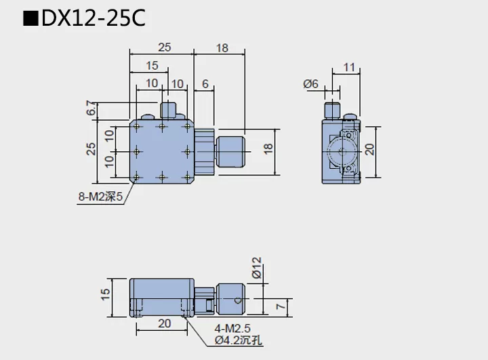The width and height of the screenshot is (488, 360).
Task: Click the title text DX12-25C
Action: pos(94,18)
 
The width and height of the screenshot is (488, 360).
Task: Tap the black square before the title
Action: pos(30,19)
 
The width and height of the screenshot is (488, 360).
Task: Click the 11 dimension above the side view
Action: pos(349,66)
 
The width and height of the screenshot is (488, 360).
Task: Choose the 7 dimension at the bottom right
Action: pos(280,308)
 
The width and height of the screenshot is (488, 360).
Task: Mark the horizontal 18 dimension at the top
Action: pos(222,47)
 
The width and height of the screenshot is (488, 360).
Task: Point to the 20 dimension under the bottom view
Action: pos(164,323)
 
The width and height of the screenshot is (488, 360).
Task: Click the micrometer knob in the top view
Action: pos(231,151)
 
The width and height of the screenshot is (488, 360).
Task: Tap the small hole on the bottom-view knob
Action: pos(237,298)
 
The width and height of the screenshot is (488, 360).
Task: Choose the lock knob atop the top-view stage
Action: pos(167,110)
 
